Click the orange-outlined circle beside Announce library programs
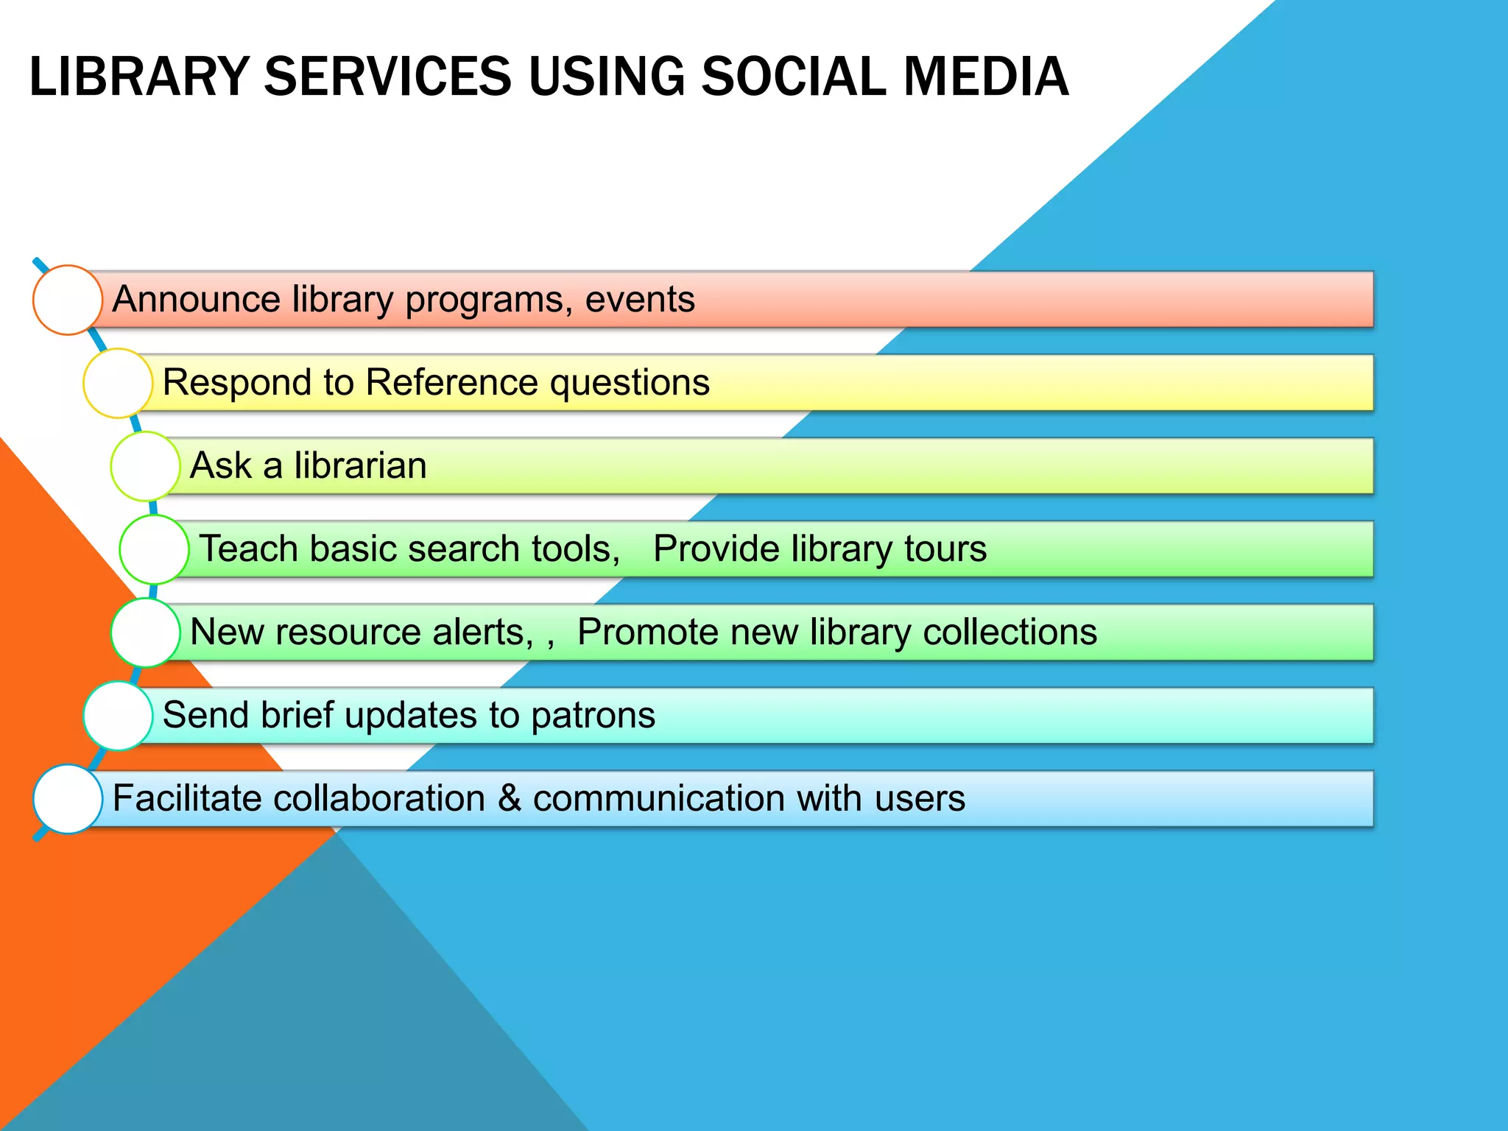pyautogui.click(x=68, y=300)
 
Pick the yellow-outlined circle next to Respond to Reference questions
pyautogui.click(x=118, y=383)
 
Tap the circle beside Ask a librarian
pyautogui.click(x=145, y=466)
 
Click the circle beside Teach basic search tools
pyautogui.click(x=154, y=549)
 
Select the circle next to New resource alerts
pyautogui.click(x=145, y=633)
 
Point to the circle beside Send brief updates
pyautogui.click(x=118, y=716)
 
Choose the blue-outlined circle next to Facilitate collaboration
pyautogui.click(x=68, y=799)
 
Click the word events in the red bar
pyautogui.click(x=639, y=300)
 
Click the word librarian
pyautogui.click(x=360, y=466)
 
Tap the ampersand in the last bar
pyautogui.click(x=510, y=799)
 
